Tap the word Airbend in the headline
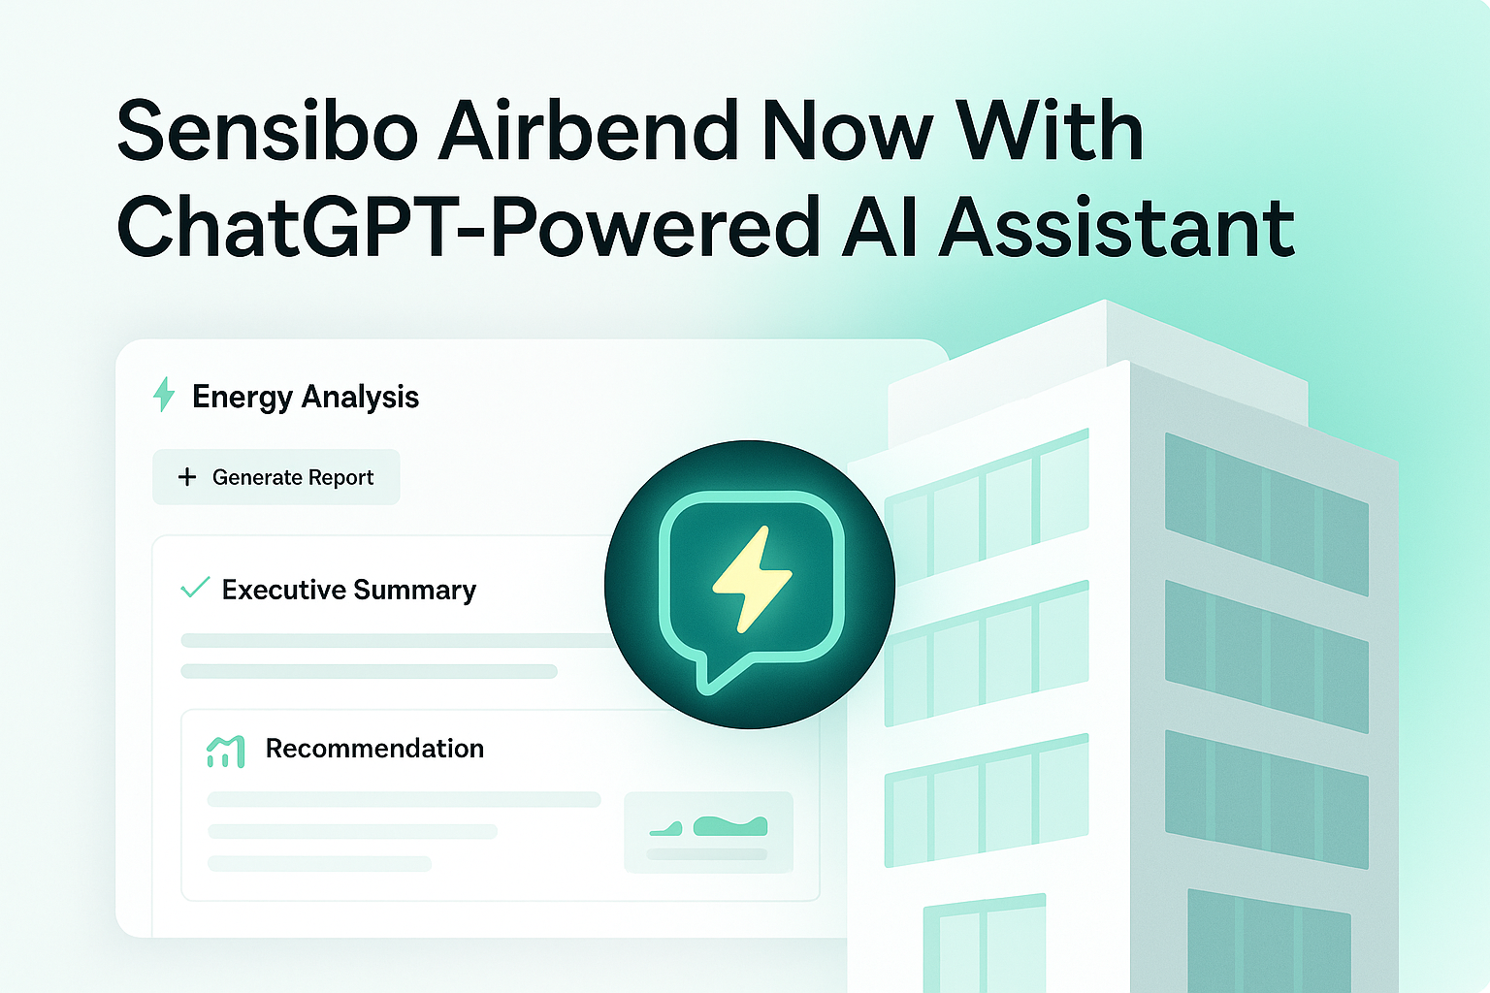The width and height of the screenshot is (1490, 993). point(589,130)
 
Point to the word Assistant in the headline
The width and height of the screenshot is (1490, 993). point(1117,227)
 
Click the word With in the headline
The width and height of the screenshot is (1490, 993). point(1051,130)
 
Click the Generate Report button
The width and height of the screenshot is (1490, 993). point(276,477)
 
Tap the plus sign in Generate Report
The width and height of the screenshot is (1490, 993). point(187,477)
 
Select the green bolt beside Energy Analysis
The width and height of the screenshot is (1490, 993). point(164,395)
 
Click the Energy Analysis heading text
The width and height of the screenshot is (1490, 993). point(306,397)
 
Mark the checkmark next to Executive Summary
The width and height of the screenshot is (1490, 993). point(195,588)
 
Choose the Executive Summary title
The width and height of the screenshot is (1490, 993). point(349,590)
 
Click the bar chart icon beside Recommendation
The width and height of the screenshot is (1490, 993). point(225,753)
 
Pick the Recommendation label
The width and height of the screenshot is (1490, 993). point(374,749)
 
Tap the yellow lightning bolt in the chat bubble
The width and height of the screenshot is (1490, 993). point(753,579)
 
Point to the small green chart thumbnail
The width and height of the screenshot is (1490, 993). point(708,831)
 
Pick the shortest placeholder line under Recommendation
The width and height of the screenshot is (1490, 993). point(320,864)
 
